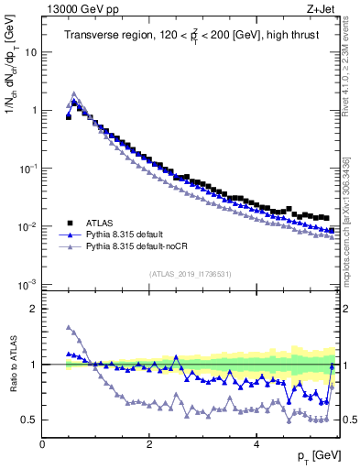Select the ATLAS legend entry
tap(102, 222)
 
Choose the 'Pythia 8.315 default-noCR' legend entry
tap(141, 247)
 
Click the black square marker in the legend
tap(70, 222)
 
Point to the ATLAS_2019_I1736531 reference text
tap(191, 274)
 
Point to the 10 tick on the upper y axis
tap(31, 51)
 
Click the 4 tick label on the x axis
tap(256, 443)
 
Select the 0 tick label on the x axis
tap(43, 443)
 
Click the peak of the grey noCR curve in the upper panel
tap(74, 93)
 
